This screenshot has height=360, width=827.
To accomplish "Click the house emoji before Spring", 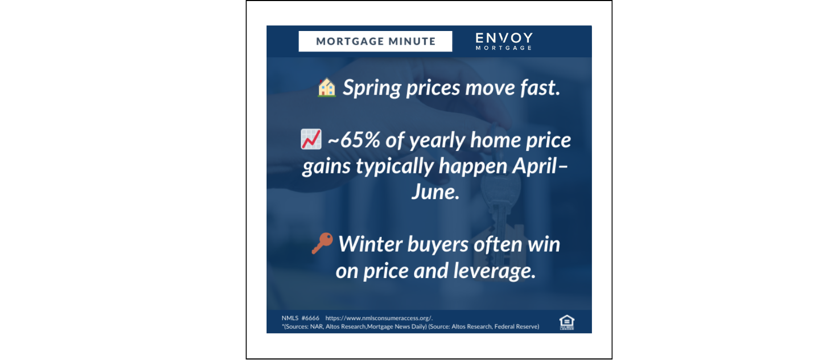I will click(326, 87).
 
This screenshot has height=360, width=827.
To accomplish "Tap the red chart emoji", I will click(311, 139).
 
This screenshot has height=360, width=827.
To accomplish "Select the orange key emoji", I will click(322, 243).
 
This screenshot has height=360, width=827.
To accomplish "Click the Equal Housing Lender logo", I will click(567, 322).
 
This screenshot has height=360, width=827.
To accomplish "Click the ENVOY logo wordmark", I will click(504, 38).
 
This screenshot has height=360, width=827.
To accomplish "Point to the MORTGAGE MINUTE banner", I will click(375, 42).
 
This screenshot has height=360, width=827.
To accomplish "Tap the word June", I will click(435, 192).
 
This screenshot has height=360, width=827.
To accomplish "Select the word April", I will click(535, 166).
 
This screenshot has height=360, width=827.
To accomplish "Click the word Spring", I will click(372, 88).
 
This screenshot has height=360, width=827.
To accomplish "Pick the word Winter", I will click(370, 244).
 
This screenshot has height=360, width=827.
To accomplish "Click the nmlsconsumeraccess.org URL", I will click(379, 318).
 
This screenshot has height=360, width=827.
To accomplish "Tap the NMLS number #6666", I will click(310, 318).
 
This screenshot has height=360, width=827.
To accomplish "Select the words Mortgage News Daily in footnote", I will click(396, 326).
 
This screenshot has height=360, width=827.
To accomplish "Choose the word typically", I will click(394, 167).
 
